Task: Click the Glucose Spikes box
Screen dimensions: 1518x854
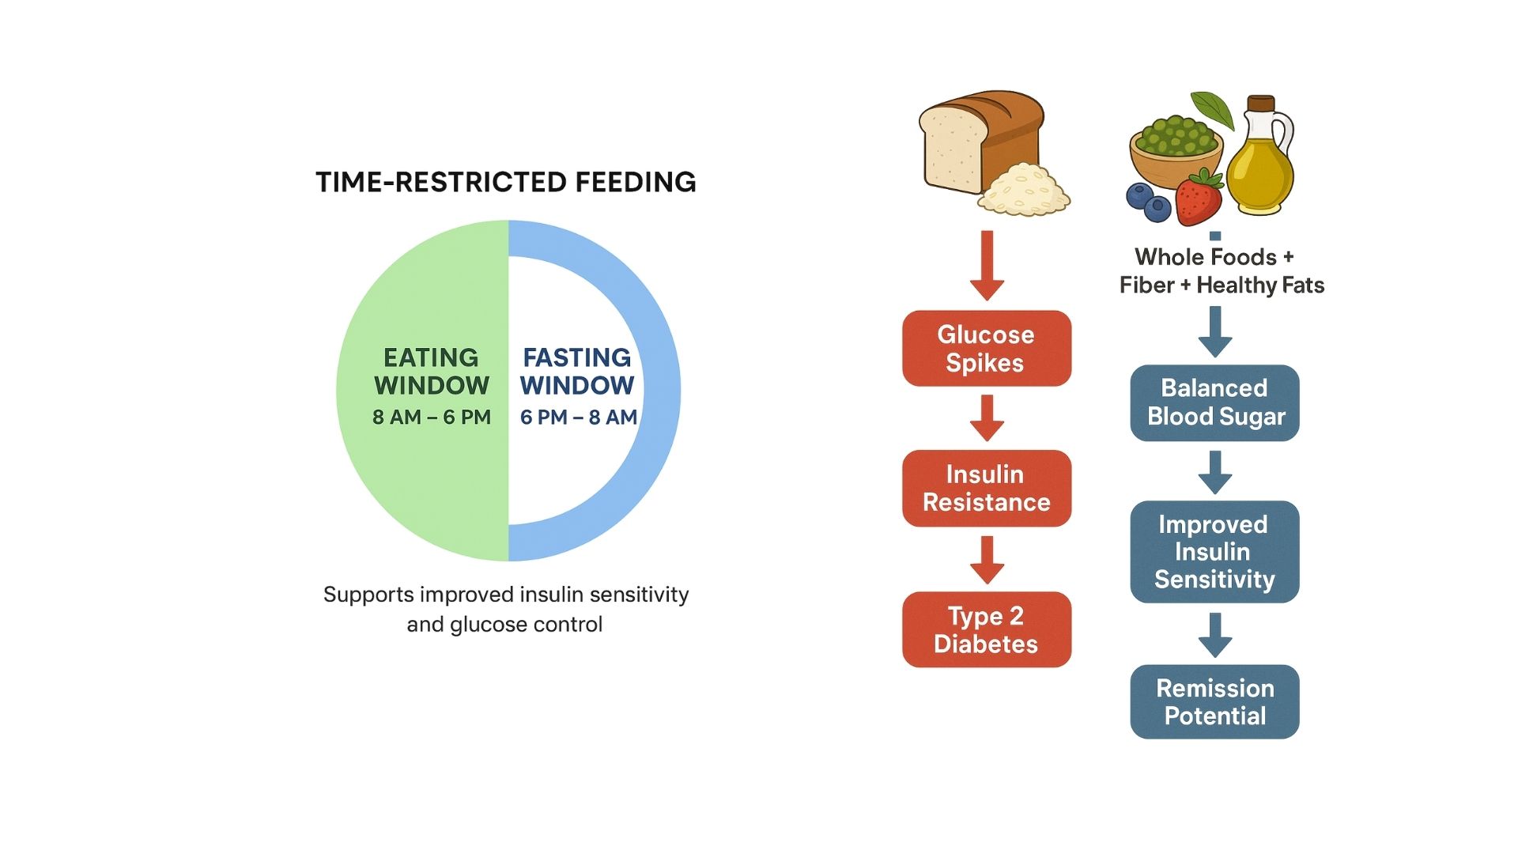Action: point(987,348)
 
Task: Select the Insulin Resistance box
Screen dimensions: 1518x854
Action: point(987,488)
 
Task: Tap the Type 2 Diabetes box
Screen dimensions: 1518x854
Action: point(987,629)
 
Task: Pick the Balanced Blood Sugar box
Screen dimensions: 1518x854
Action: point(1215,402)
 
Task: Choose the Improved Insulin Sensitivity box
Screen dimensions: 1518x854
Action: point(1215,552)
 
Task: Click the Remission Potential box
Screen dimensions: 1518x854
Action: point(1215,701)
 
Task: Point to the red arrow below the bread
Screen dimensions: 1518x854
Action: point(987,266)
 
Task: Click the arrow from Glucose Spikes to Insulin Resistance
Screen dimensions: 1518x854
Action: point(987,418)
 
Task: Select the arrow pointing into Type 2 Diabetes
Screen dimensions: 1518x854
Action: point(987,560)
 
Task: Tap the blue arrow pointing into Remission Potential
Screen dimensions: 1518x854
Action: point(1215,635)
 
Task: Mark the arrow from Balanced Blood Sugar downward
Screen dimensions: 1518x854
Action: point(1215,472)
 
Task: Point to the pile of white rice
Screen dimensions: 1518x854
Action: point(1024,191)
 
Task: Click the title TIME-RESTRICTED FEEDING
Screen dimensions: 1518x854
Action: point(506,183)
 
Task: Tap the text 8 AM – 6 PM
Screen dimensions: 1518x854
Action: point(432,417)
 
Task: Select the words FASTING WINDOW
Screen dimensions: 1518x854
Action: point(577,372)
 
